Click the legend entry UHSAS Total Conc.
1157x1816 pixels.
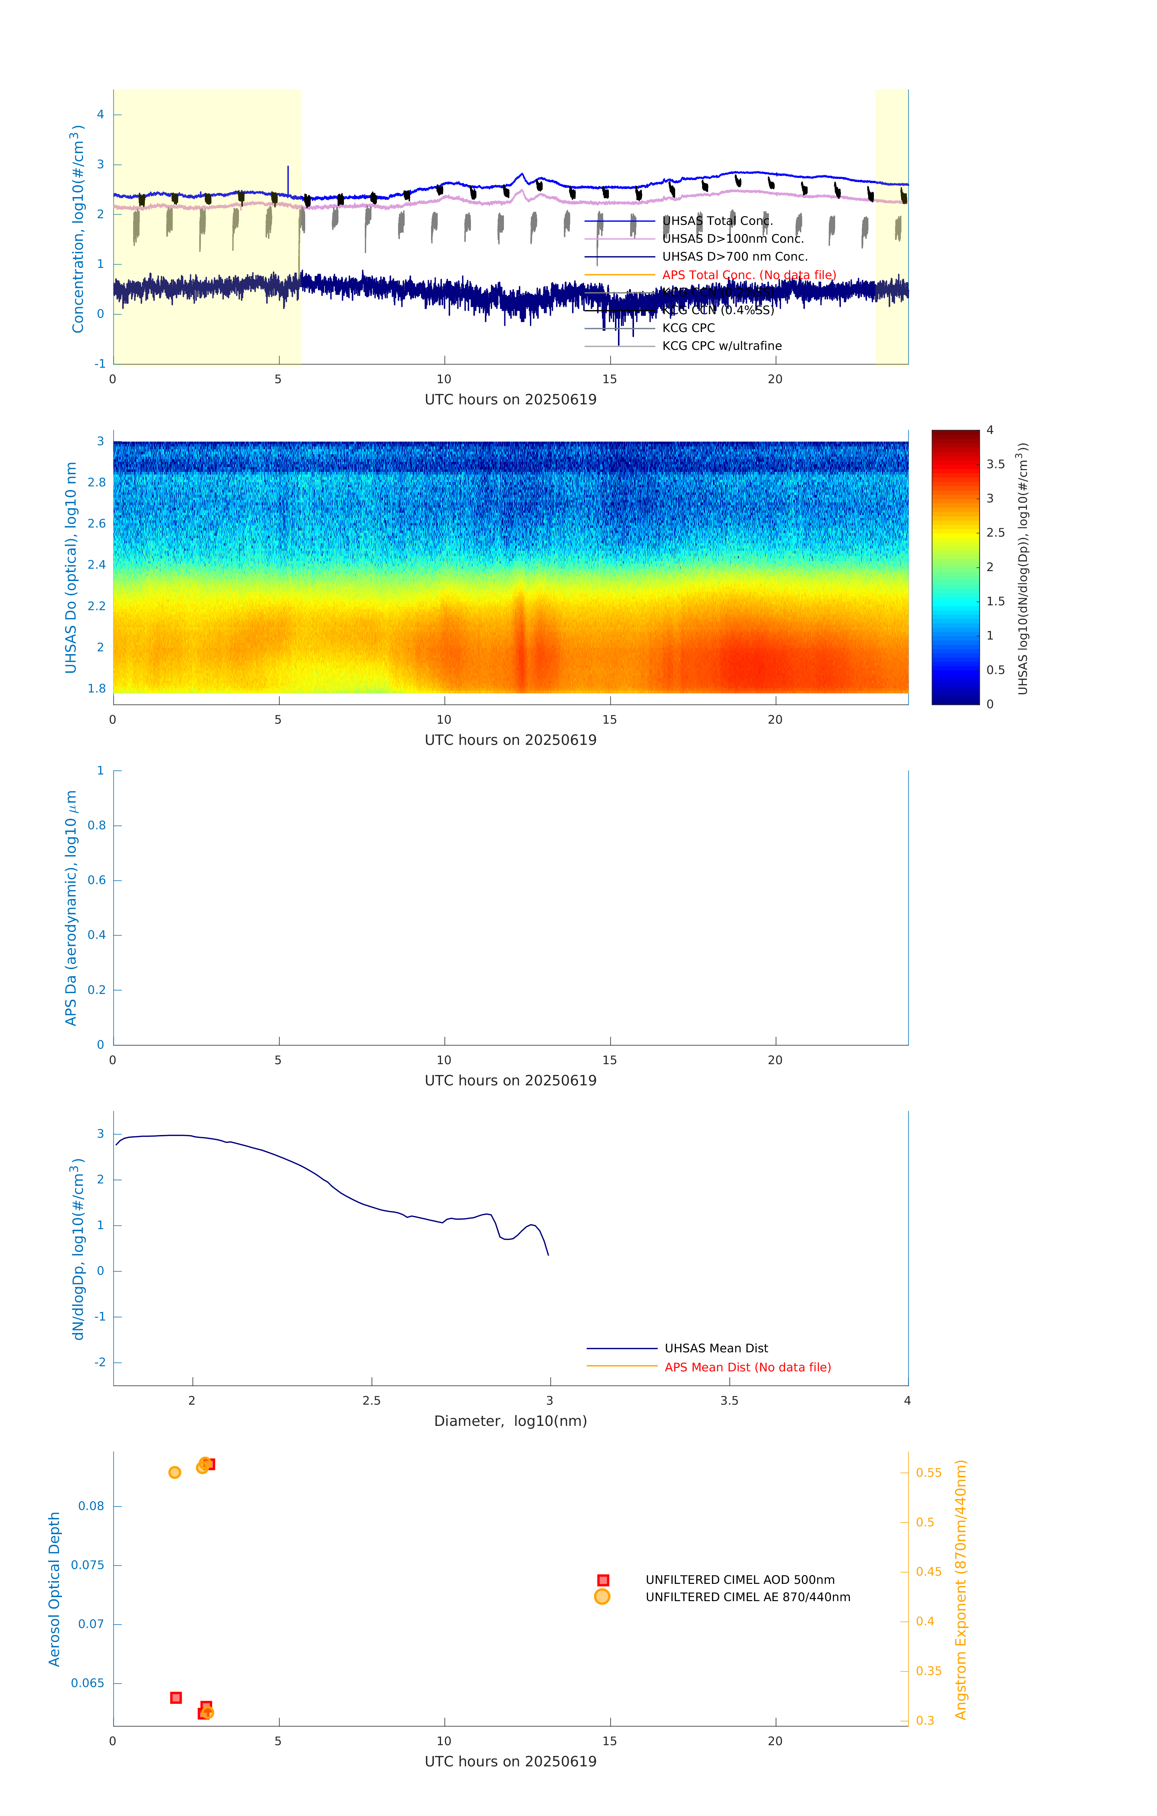point(717,221)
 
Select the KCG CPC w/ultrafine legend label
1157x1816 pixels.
point(721,346)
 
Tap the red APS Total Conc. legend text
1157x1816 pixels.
point(748,275)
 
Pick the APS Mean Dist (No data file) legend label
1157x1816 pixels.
point(747,1367)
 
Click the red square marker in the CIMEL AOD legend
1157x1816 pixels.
point(603,1580)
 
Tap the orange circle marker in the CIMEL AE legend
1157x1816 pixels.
point(602,1597)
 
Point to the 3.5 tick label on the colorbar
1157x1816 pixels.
point(995,465)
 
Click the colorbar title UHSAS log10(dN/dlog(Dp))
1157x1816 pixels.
point(1023,568)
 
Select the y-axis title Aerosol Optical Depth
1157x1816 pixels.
point(54,1589)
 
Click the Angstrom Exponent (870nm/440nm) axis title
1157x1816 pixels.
point(960,1589)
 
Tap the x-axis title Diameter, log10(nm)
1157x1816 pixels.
point(510,1421)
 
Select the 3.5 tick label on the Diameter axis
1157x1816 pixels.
point(729,1400)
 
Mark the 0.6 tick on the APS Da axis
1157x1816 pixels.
point(96,880)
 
